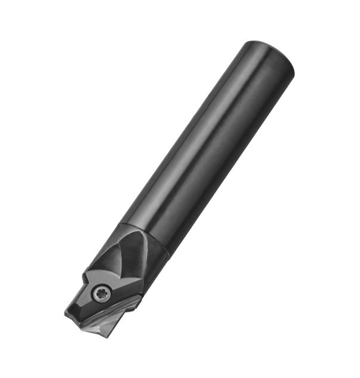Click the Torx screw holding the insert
[x=101, y=292]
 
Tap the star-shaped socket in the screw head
[x=101, y=292]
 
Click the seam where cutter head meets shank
[x=147, y=239]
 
